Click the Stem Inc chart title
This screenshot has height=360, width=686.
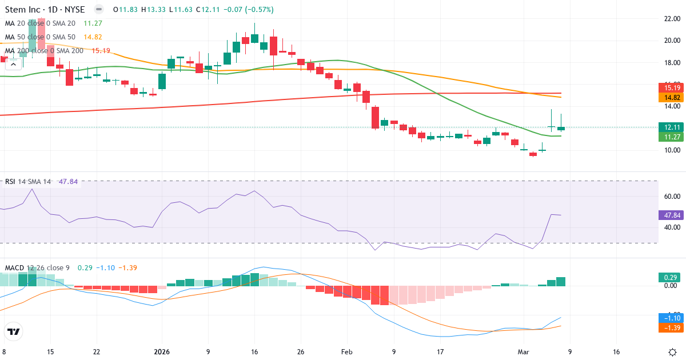pyautogui.click(x=45, y=10)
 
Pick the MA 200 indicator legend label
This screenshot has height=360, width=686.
pyautogui.click(x=44, y=50)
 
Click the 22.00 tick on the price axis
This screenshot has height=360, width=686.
pyautogui.click(x=672, y=18)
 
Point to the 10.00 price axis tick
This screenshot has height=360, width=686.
pyautogui.click(x=672, y=150)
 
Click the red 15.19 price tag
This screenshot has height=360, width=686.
pyautogui.click(x=672, y=87)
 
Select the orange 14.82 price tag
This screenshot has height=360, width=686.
pyautogui.click(x=672, y=98)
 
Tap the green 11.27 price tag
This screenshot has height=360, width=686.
pyautogui.click(x=672, y=137)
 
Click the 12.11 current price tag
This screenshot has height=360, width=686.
pyautogui.click(x=672, y=127)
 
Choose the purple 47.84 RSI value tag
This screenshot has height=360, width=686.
pyautogui.click(x=672, y=215)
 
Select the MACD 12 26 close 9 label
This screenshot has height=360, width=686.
pyautogui.click(x=37, y=267)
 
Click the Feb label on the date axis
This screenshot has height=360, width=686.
pyautogui.click(x=348, y=352)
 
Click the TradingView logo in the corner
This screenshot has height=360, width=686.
pyautogui.click(x=14, y=331)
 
